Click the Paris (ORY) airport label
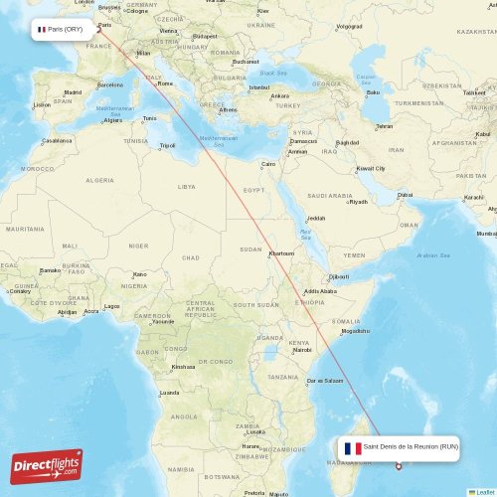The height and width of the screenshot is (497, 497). [x=65, y=29]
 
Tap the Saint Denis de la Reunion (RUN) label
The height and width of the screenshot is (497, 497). [x=411, y=447]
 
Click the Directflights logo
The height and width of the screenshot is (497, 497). [x=47, y=465]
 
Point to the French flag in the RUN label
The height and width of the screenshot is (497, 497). [x=352, y=448]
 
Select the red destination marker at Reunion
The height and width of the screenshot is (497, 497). [x=398, y=466]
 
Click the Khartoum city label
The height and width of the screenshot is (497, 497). [x=281, y=252]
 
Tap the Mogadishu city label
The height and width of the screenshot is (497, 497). [x=356, y=331]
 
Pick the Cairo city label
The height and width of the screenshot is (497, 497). [x=268, y=164]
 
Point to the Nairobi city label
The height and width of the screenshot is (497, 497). [x=301, y=350]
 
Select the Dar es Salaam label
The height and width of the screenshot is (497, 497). [x=325, y=382]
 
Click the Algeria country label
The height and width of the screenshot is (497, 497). [x=99, y=180]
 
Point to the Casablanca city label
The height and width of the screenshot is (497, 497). [x=56, y=140]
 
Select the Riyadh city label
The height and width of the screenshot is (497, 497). [x=358, y=202]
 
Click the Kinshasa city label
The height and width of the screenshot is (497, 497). [x=183, y=367]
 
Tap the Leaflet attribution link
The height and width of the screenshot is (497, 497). [x=484, y=492]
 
